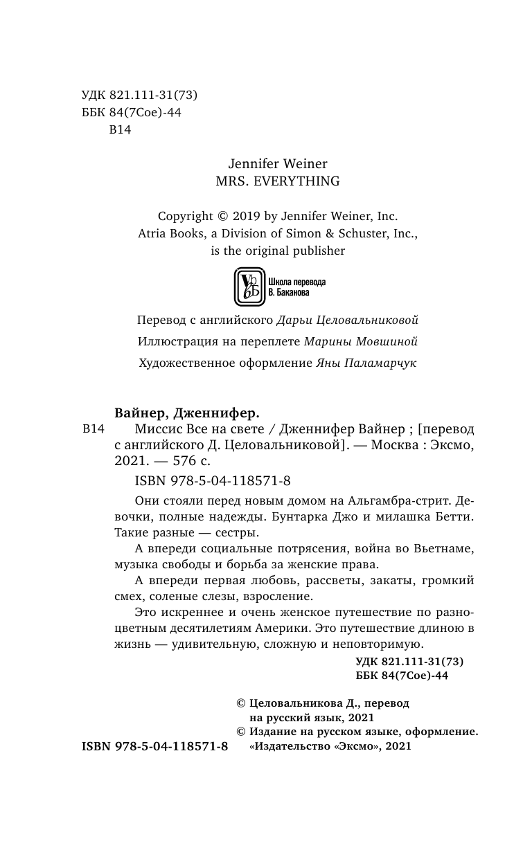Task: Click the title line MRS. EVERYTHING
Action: tap(278, 181)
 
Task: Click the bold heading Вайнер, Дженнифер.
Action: tap(187, 413)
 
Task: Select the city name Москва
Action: tap(394, 445)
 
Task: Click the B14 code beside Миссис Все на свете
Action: tap(93, 430)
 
